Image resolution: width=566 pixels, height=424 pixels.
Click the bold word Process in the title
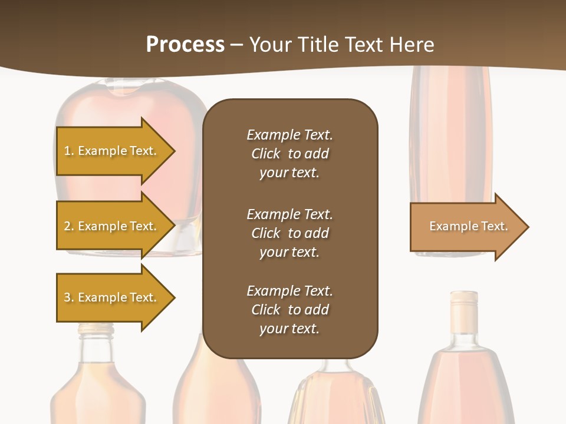tap(185, 45)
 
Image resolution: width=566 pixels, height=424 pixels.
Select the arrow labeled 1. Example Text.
tap(111, 151)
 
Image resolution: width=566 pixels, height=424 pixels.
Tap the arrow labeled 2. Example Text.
tap(111, 226)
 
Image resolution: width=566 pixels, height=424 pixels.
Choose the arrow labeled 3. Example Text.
tap(111, 297)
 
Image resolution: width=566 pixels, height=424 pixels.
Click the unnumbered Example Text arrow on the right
tap(468, 226)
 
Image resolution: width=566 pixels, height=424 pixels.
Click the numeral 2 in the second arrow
tap(67, 226)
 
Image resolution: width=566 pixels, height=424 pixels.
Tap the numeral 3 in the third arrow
tap(67, 297)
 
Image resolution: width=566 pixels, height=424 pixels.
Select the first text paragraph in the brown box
tap(289, 154)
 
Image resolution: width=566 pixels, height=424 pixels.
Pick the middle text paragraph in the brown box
tap(289, 233)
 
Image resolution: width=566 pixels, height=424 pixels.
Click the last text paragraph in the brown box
tap(289, 310)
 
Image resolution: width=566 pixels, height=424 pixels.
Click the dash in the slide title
tap(236, 45)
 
